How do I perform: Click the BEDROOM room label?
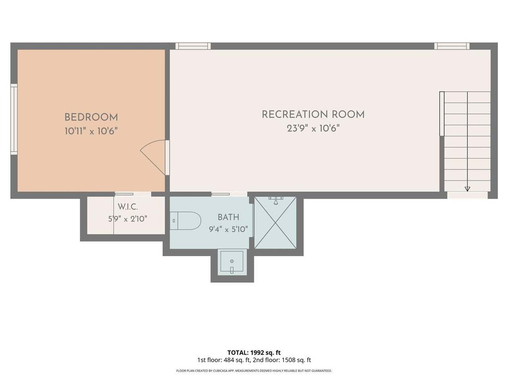[91, 117]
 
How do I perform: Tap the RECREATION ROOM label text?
[313, 115]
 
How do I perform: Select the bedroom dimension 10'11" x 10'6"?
[91, 131]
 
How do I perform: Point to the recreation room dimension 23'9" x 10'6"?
[313, 129]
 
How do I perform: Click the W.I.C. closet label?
[127, 207]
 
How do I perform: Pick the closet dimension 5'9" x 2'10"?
[127, 219]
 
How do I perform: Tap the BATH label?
[229, 217]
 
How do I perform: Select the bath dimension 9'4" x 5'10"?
[229, 230]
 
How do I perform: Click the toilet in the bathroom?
[186, 221]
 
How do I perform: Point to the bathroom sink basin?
[232, 261]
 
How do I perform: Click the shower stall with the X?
[275, 223]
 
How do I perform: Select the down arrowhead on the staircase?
[467, 189]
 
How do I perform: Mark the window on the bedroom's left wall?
[14, 119]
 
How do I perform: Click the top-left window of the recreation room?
[193, 46]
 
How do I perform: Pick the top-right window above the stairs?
[452, 46]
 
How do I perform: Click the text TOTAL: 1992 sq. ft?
[254, 352]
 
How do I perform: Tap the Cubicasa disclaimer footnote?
[254, 371]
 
